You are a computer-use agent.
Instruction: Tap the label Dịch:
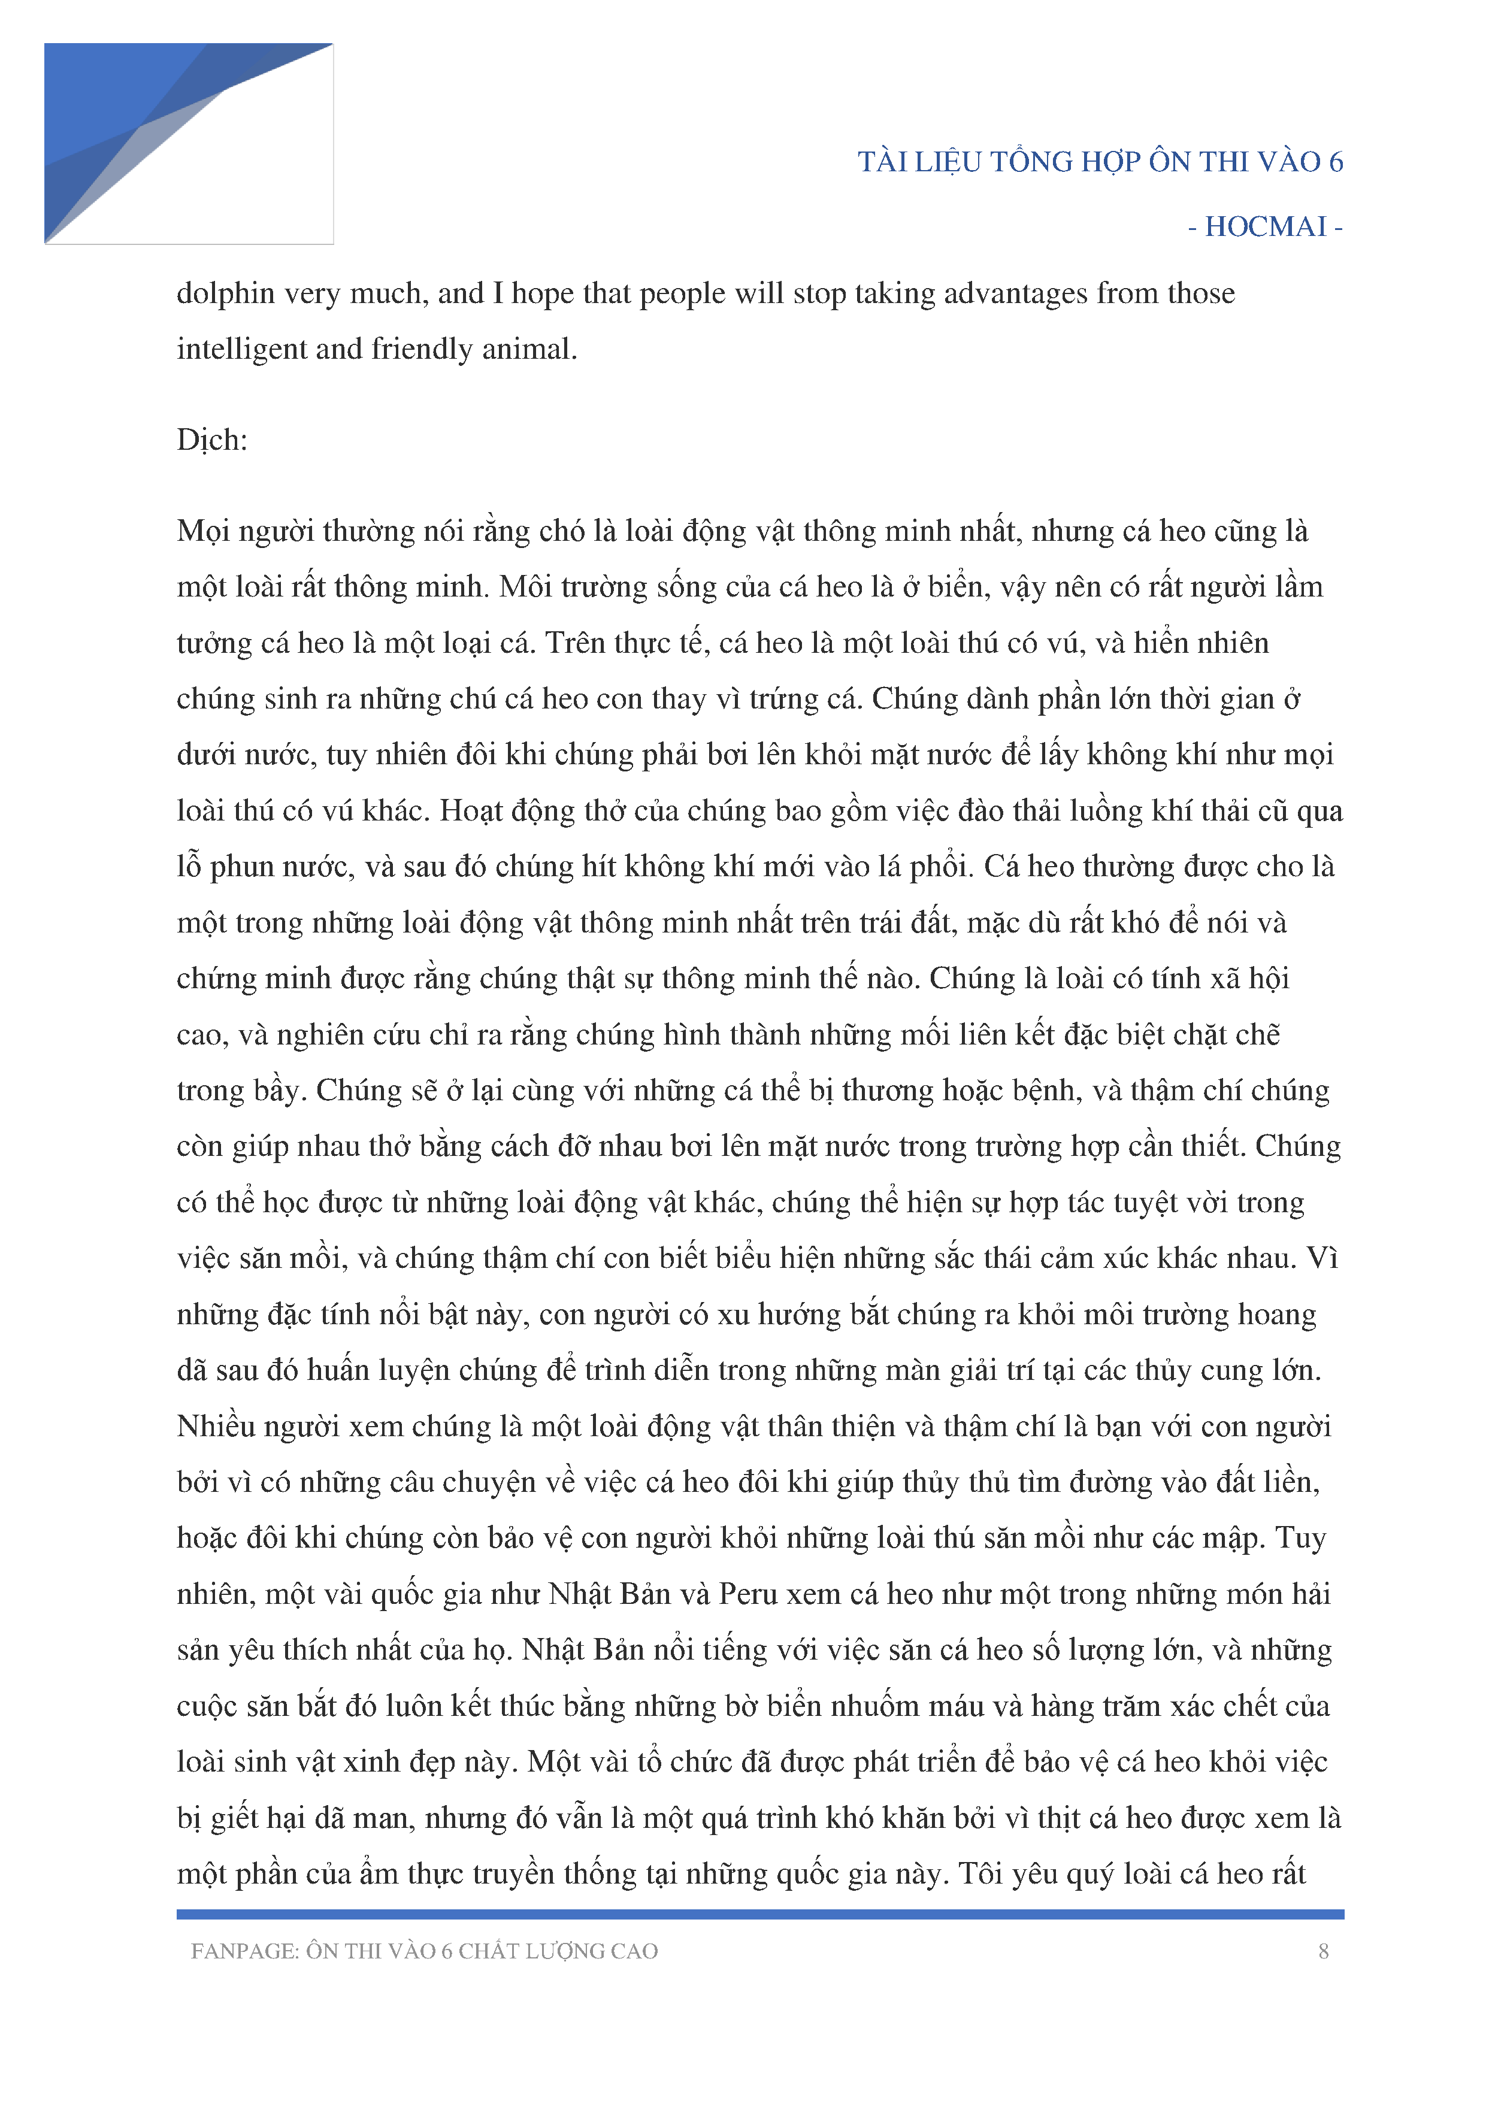212,440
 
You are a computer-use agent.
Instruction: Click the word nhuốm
869,1706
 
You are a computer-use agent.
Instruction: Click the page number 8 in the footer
1323,1951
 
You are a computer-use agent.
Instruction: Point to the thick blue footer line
759,1914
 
